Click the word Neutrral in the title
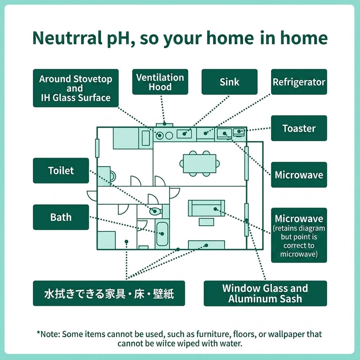coord(68,38)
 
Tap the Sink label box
coord(229,82)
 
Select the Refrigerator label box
coord(299,82)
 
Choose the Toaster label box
coord(299,128)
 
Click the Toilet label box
coord(61,171)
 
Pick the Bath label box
coord(61,217)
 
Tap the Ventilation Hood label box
coord(160,82)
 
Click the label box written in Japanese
coord(109,293)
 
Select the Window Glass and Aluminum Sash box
coord(265,293)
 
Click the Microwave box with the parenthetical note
coord(299,235)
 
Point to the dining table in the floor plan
coord(200,163)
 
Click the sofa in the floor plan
coord(206,208)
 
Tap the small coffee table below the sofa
coord(206,222)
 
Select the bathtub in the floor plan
coord(162,234)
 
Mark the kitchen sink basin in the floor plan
coord(184,134)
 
